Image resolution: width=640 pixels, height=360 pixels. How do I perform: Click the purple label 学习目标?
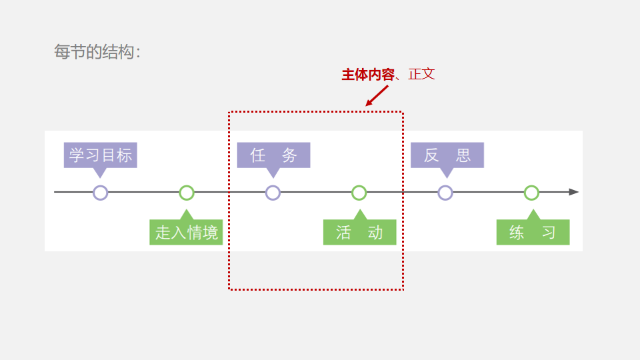coord(101,155)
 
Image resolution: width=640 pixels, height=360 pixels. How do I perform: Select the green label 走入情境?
coord(186,233)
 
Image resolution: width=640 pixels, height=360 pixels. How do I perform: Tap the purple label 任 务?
coord(273,155)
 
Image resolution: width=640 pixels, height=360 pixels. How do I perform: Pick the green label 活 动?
coord(359,233)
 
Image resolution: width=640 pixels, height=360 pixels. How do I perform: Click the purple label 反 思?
coord(447,155)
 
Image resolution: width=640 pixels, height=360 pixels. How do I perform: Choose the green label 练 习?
coord(533,233)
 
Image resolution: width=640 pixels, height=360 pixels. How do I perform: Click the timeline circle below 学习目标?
coord(100,193)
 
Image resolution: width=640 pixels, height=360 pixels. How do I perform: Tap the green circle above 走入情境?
coord(187,193)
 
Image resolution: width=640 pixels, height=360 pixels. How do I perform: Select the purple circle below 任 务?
coord(273,193)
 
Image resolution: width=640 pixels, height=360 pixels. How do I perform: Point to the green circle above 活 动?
coord(359,193)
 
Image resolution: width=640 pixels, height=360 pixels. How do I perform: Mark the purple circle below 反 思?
coord(445,193)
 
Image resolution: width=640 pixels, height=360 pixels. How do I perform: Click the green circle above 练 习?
coord(531,193)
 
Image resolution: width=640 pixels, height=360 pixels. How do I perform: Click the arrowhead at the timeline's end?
coord(573,192)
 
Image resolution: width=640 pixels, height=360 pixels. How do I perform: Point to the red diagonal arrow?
coord(377,95)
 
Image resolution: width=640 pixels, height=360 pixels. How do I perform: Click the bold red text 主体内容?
coord(368,75)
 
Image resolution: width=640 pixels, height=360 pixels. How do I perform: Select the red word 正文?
coord(421,75)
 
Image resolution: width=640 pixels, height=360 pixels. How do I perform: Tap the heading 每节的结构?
coord(97,52)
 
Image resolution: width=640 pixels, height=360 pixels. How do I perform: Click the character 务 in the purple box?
coord(289,155)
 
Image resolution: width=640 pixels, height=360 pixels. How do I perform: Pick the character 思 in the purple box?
coord(463,155)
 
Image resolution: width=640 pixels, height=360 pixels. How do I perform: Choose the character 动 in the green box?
coord(375,233)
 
